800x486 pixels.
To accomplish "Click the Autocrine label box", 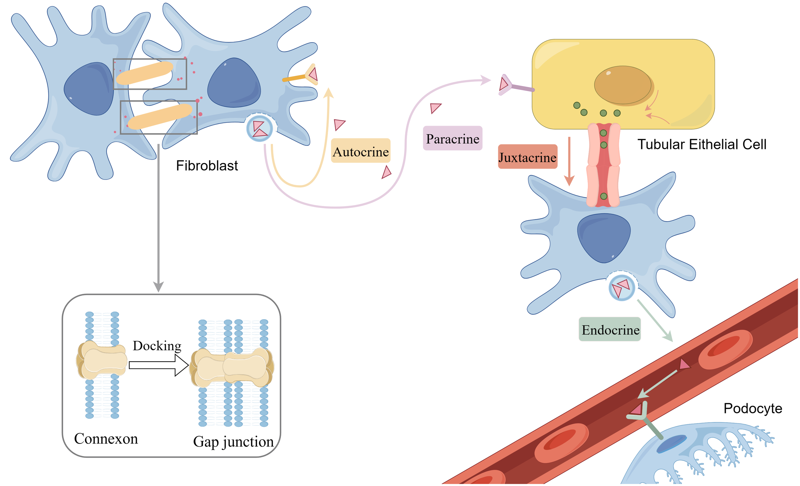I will (x=361, y=151).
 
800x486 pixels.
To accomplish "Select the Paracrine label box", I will (x=452, y=138).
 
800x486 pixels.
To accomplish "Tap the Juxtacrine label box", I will (x=528, y=157).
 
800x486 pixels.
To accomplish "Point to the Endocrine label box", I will (x=610, y=330).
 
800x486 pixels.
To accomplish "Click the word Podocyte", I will (x=753, y=408).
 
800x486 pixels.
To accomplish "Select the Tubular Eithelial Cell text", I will (x=702, y=145).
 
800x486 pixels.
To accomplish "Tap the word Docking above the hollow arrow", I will (x=157, y=346).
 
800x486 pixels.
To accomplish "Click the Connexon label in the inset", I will (x=106, y=439).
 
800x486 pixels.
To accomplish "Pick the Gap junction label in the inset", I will (x=233, y=442).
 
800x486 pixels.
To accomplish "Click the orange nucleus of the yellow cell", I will (x=622, y=85).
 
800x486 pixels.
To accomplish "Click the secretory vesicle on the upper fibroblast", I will (x=260, y=129).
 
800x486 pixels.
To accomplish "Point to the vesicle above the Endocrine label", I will (x=621, y=287).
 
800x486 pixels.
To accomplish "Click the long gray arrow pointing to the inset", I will (x=158, y=217).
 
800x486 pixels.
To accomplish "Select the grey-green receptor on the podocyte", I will (x=644, y=420).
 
